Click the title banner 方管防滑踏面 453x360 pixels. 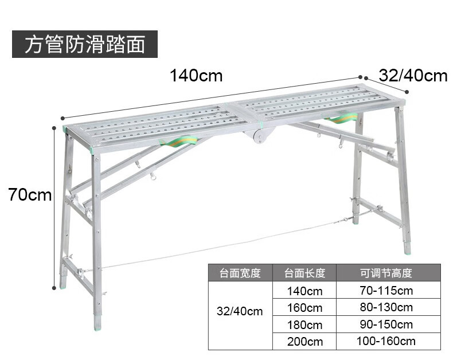tap(84, 44)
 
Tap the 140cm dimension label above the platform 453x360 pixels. tap(196, 75)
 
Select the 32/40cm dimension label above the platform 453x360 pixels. tap(413, 75)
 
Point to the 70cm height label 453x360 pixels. tap(30, 195)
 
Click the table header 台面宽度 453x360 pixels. tap(240, 273)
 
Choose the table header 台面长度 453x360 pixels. tap(304, 273)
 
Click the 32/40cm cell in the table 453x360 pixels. tap(240, 312)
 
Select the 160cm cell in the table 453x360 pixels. tap(304, 308)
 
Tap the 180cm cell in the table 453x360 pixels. tap(304, 324)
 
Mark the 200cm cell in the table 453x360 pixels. tap(304, 342)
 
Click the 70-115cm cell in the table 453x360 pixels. tap(386, 291)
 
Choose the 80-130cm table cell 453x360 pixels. tap(386, 308)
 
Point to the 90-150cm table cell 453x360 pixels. tap(386, 324)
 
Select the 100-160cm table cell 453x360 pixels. tap(386, 342)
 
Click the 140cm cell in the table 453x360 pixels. tap(304, 291)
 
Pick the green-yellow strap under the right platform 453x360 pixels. tap(343, 118)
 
